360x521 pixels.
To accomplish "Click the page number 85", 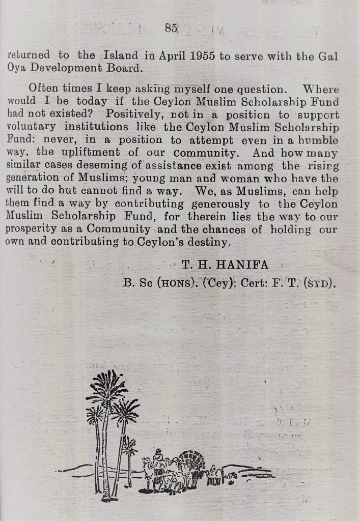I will click(171, 28).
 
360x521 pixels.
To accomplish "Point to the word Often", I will click(43, 88).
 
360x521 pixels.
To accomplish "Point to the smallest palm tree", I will click(129, 448).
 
